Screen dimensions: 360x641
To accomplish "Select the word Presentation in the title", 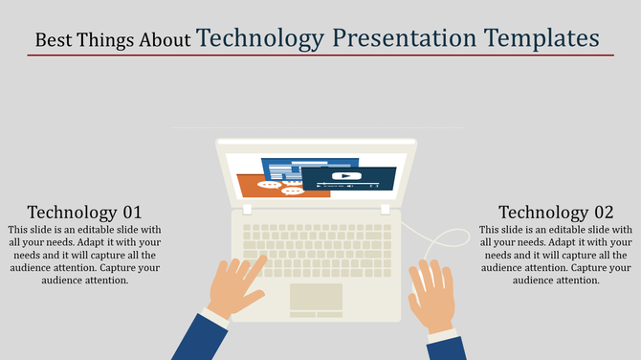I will (404, 38).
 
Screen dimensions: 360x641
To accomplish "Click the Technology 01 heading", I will (84, 213).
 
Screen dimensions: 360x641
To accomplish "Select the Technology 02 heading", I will (556, 213).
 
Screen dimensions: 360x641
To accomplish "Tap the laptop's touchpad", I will (316, 299).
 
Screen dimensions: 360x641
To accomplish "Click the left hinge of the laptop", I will (247, 209).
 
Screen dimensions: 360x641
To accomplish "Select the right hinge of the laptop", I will (386, 209).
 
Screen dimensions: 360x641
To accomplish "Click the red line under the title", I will (320, 56).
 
